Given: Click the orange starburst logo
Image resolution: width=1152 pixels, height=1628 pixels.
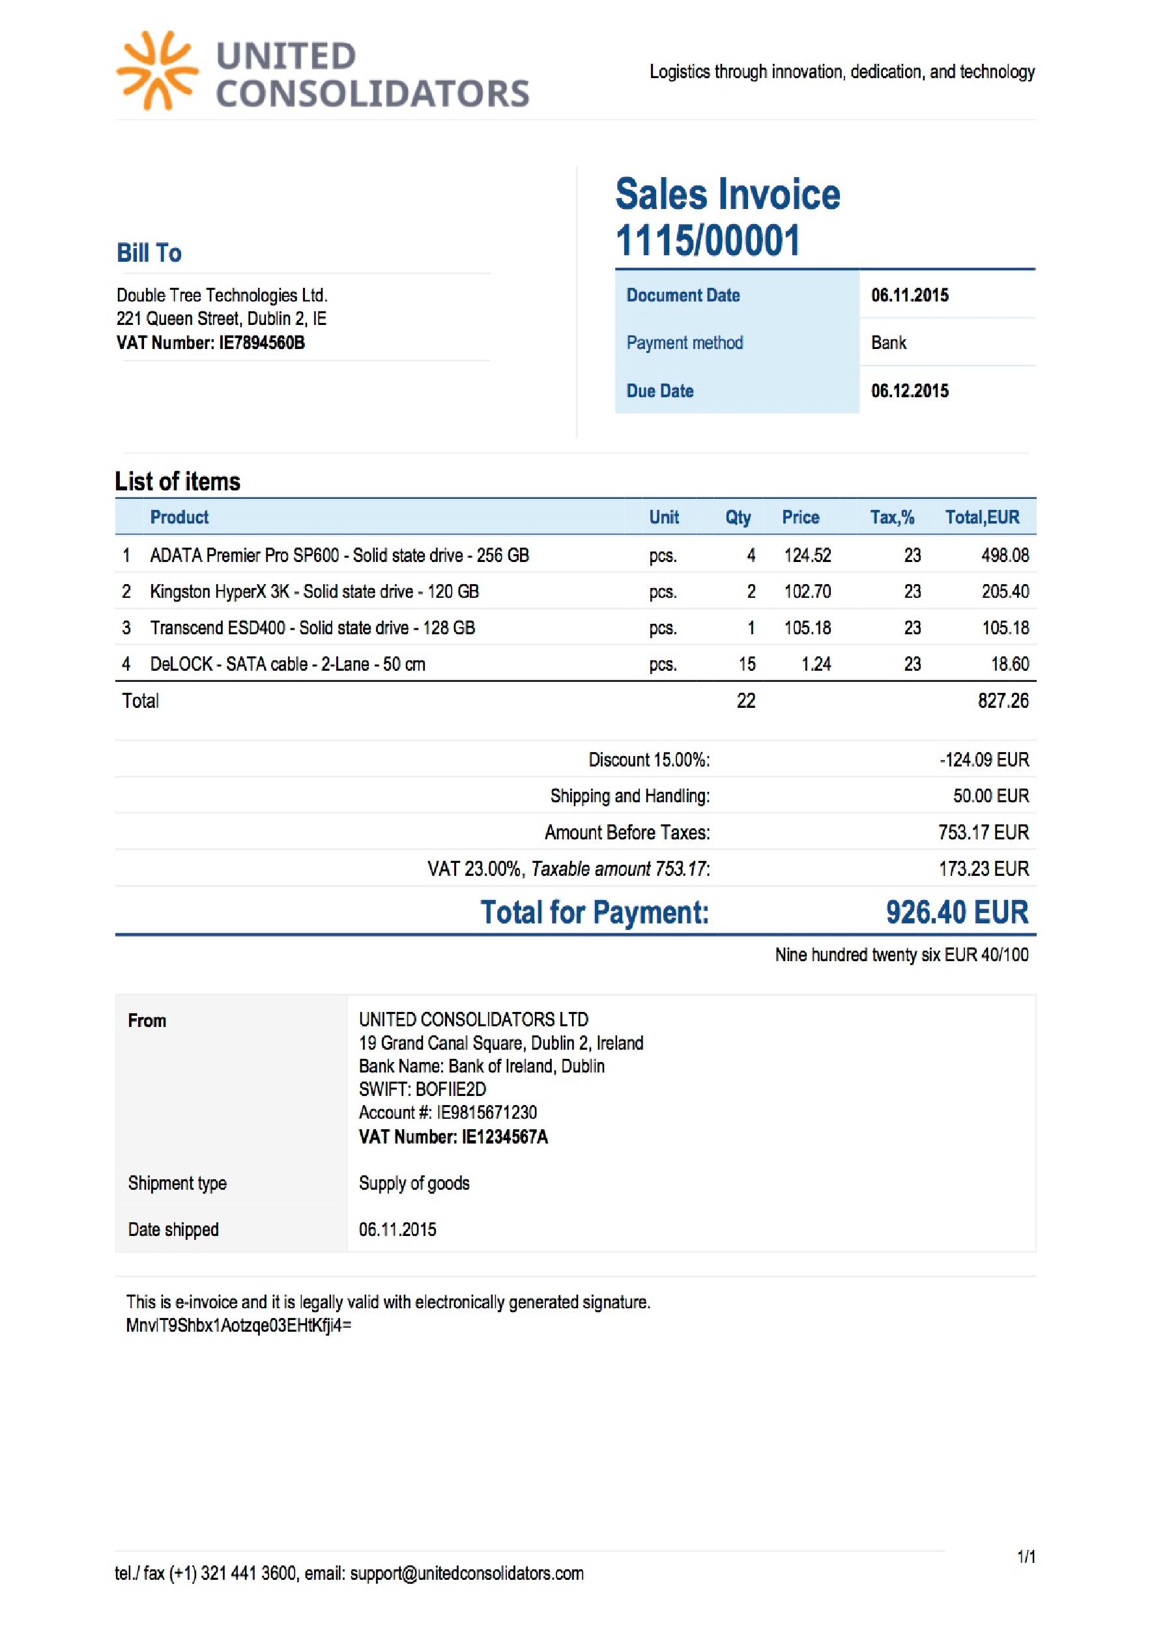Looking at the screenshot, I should (157, 71).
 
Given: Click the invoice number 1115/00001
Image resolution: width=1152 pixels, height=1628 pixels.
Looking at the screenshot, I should (707, 240).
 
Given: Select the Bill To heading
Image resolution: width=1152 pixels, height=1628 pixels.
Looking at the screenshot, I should (149, 253).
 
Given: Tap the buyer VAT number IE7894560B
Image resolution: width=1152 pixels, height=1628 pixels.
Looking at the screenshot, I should (262, 343).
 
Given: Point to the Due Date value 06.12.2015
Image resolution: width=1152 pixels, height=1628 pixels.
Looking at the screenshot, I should (910, 391).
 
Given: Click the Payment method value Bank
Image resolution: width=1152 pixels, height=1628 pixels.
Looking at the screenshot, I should (888, 343).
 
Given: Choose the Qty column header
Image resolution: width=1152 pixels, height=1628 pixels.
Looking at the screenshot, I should (738, 518).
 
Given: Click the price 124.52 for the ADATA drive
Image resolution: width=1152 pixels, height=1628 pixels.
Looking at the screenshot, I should (807, 555).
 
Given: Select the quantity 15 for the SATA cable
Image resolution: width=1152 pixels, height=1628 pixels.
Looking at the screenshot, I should (747, 664).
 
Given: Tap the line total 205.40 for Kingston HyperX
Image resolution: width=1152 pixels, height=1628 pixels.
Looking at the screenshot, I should (1005, 591).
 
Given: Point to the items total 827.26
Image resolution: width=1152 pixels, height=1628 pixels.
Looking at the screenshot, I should (1002, 701).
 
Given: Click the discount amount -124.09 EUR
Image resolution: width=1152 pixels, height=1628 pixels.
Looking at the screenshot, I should (984, 760).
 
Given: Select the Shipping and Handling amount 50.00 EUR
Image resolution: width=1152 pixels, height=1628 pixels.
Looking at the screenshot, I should (990, 796).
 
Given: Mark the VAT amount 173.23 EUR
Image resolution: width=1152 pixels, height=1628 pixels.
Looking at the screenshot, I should (983, 869).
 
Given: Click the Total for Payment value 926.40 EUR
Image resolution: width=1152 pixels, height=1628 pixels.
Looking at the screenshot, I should (957, 912).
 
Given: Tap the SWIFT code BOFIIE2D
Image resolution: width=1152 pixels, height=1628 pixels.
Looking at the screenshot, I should (450, 1089).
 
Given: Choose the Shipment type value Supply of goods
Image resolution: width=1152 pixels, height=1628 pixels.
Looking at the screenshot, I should (414, 1183).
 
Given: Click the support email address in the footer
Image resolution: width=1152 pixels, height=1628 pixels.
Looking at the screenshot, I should (467, 1573).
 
